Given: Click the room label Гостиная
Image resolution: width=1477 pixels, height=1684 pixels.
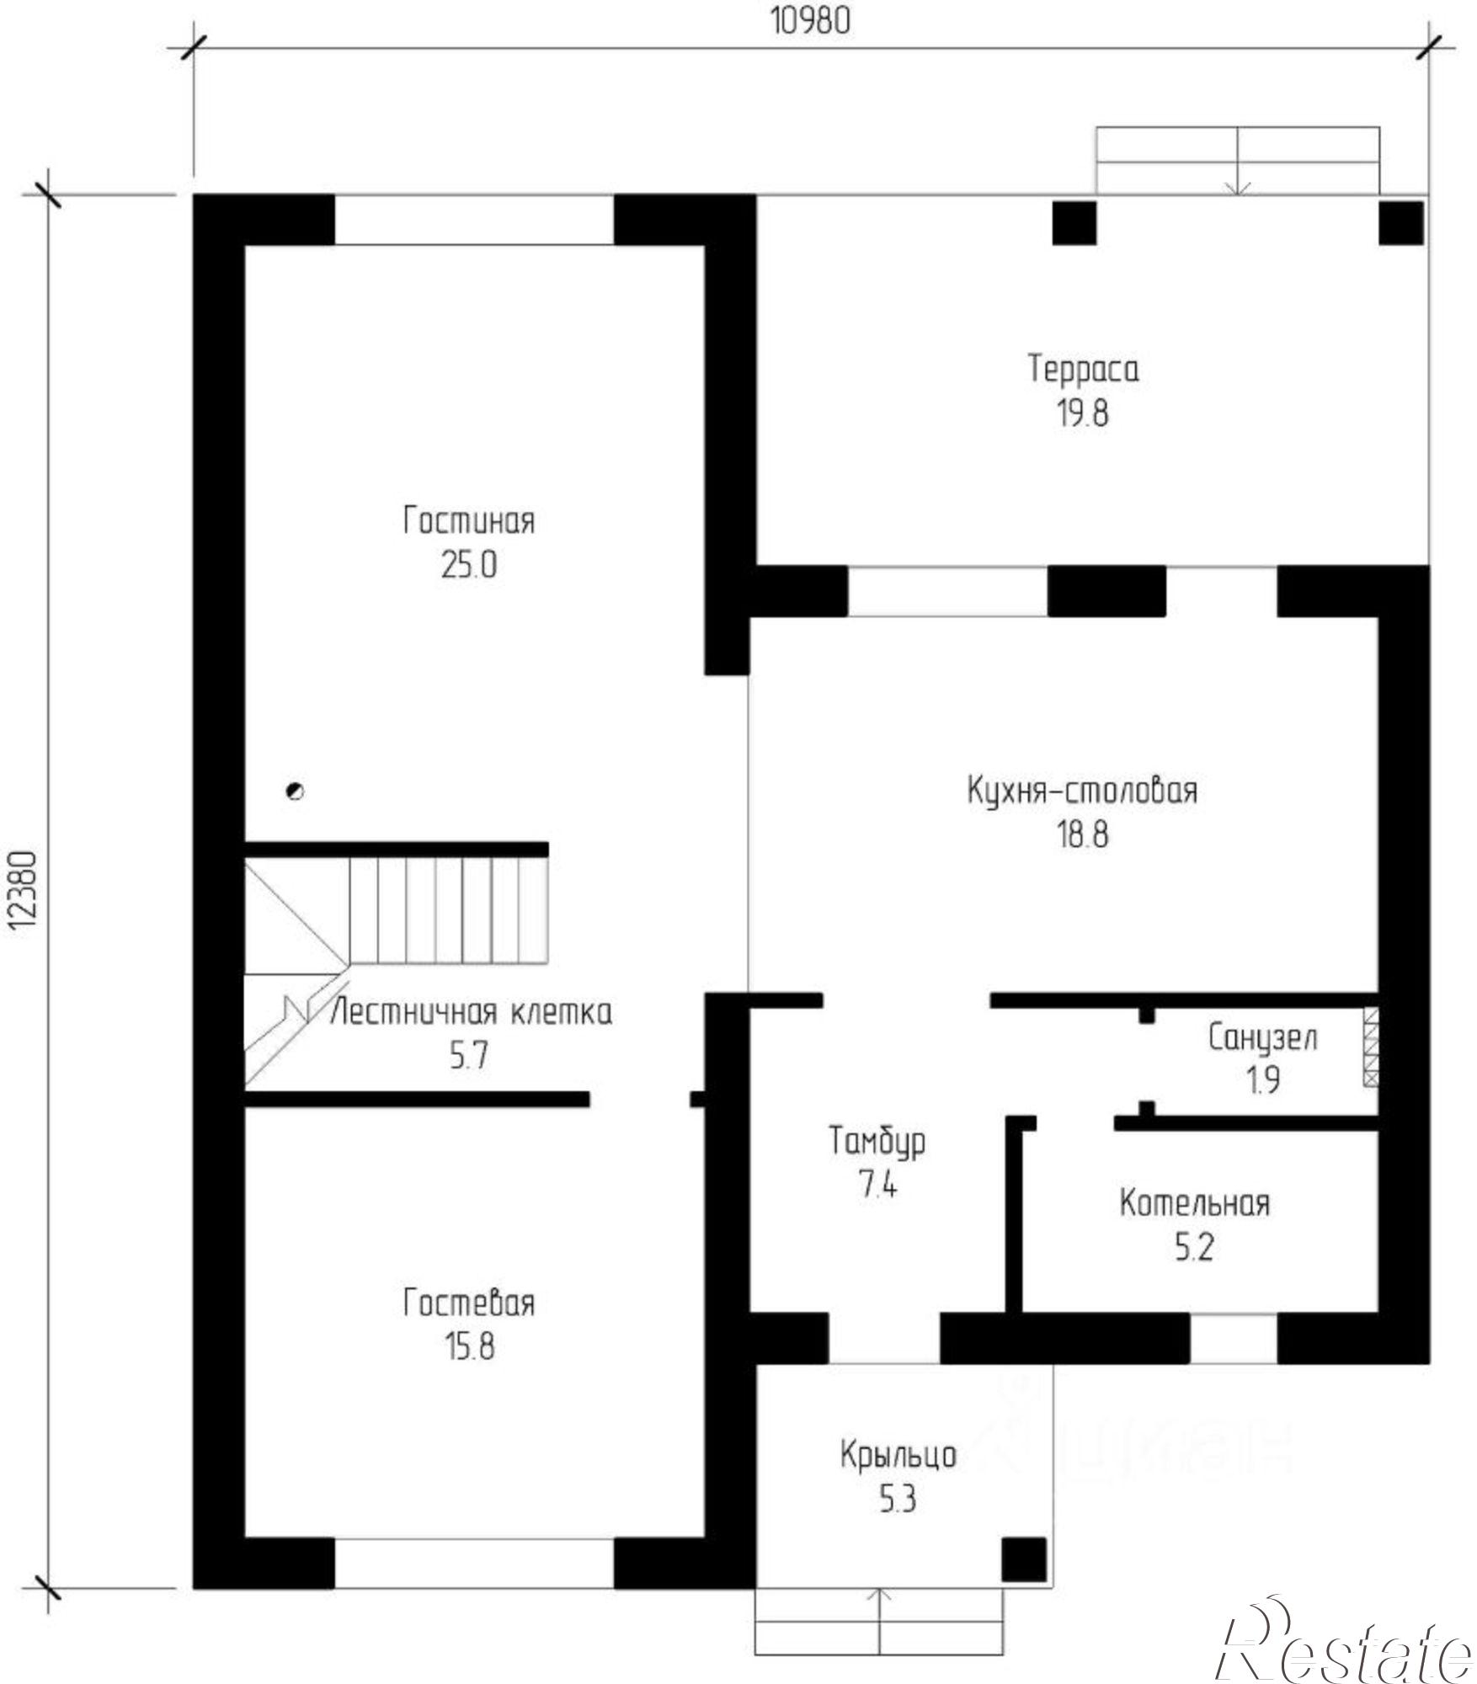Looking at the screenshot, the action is point(469,522).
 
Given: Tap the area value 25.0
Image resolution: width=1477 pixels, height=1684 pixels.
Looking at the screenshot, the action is point(469,566).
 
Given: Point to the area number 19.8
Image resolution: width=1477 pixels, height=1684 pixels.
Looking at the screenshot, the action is point(1084,414).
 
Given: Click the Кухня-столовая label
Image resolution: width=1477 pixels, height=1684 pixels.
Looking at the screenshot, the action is point(1082,792).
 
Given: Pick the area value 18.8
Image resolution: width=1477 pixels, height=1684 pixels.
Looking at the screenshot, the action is point(1083,835).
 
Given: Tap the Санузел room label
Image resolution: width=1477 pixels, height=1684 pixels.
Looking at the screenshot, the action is point(1263,1038).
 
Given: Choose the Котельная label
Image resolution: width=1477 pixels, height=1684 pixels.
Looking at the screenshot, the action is point(1194,1204).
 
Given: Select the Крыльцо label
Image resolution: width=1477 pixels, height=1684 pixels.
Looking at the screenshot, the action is point(898,1455).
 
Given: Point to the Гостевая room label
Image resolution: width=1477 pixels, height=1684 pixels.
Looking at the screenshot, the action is point(469,1303).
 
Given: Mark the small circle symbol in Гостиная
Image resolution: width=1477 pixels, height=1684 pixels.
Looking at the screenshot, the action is point(295,791).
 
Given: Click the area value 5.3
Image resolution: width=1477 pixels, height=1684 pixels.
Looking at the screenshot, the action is point(898,1500).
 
